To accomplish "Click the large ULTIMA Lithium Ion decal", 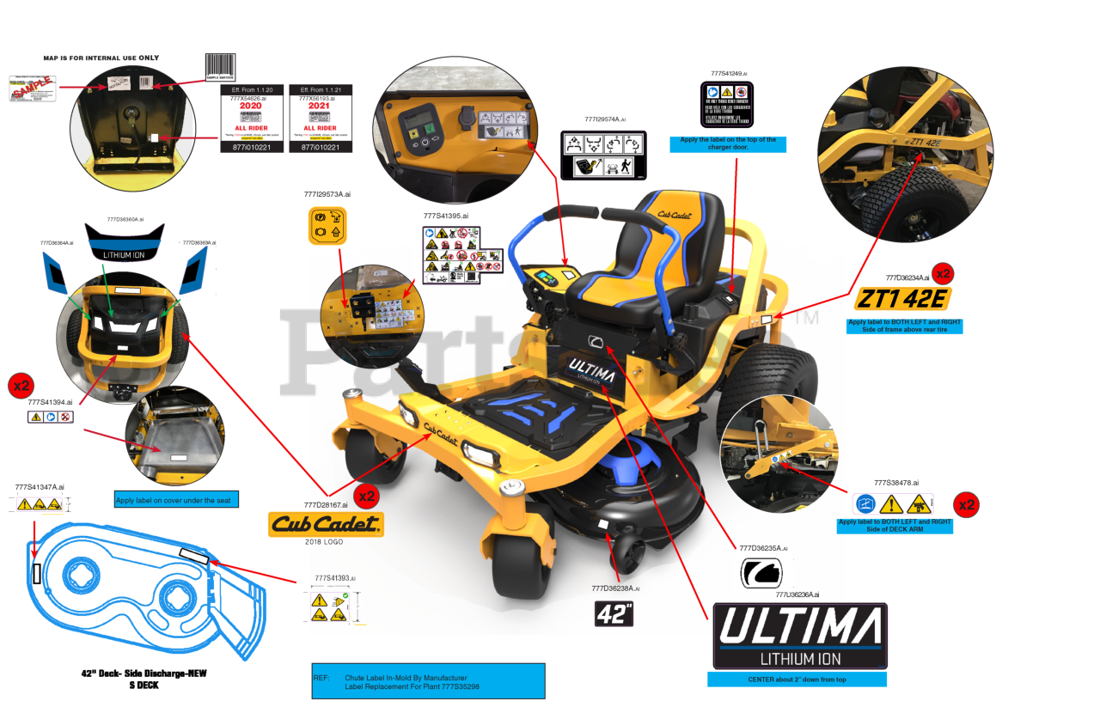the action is point(800,636).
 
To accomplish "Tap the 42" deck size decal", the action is point(614,613).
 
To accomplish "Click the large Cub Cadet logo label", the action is point(326,524).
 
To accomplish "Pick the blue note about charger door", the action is point(728,144).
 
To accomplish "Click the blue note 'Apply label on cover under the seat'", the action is point(177,500).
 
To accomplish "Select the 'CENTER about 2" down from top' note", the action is point(797,679).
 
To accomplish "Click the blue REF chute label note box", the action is point(428,680).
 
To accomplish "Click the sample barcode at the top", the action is point(219,64).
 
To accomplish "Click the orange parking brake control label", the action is point(327,225).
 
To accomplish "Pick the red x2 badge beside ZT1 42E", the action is point(942,274).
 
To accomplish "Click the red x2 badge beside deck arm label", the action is point(967,504).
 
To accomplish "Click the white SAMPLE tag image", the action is point(32,88).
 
